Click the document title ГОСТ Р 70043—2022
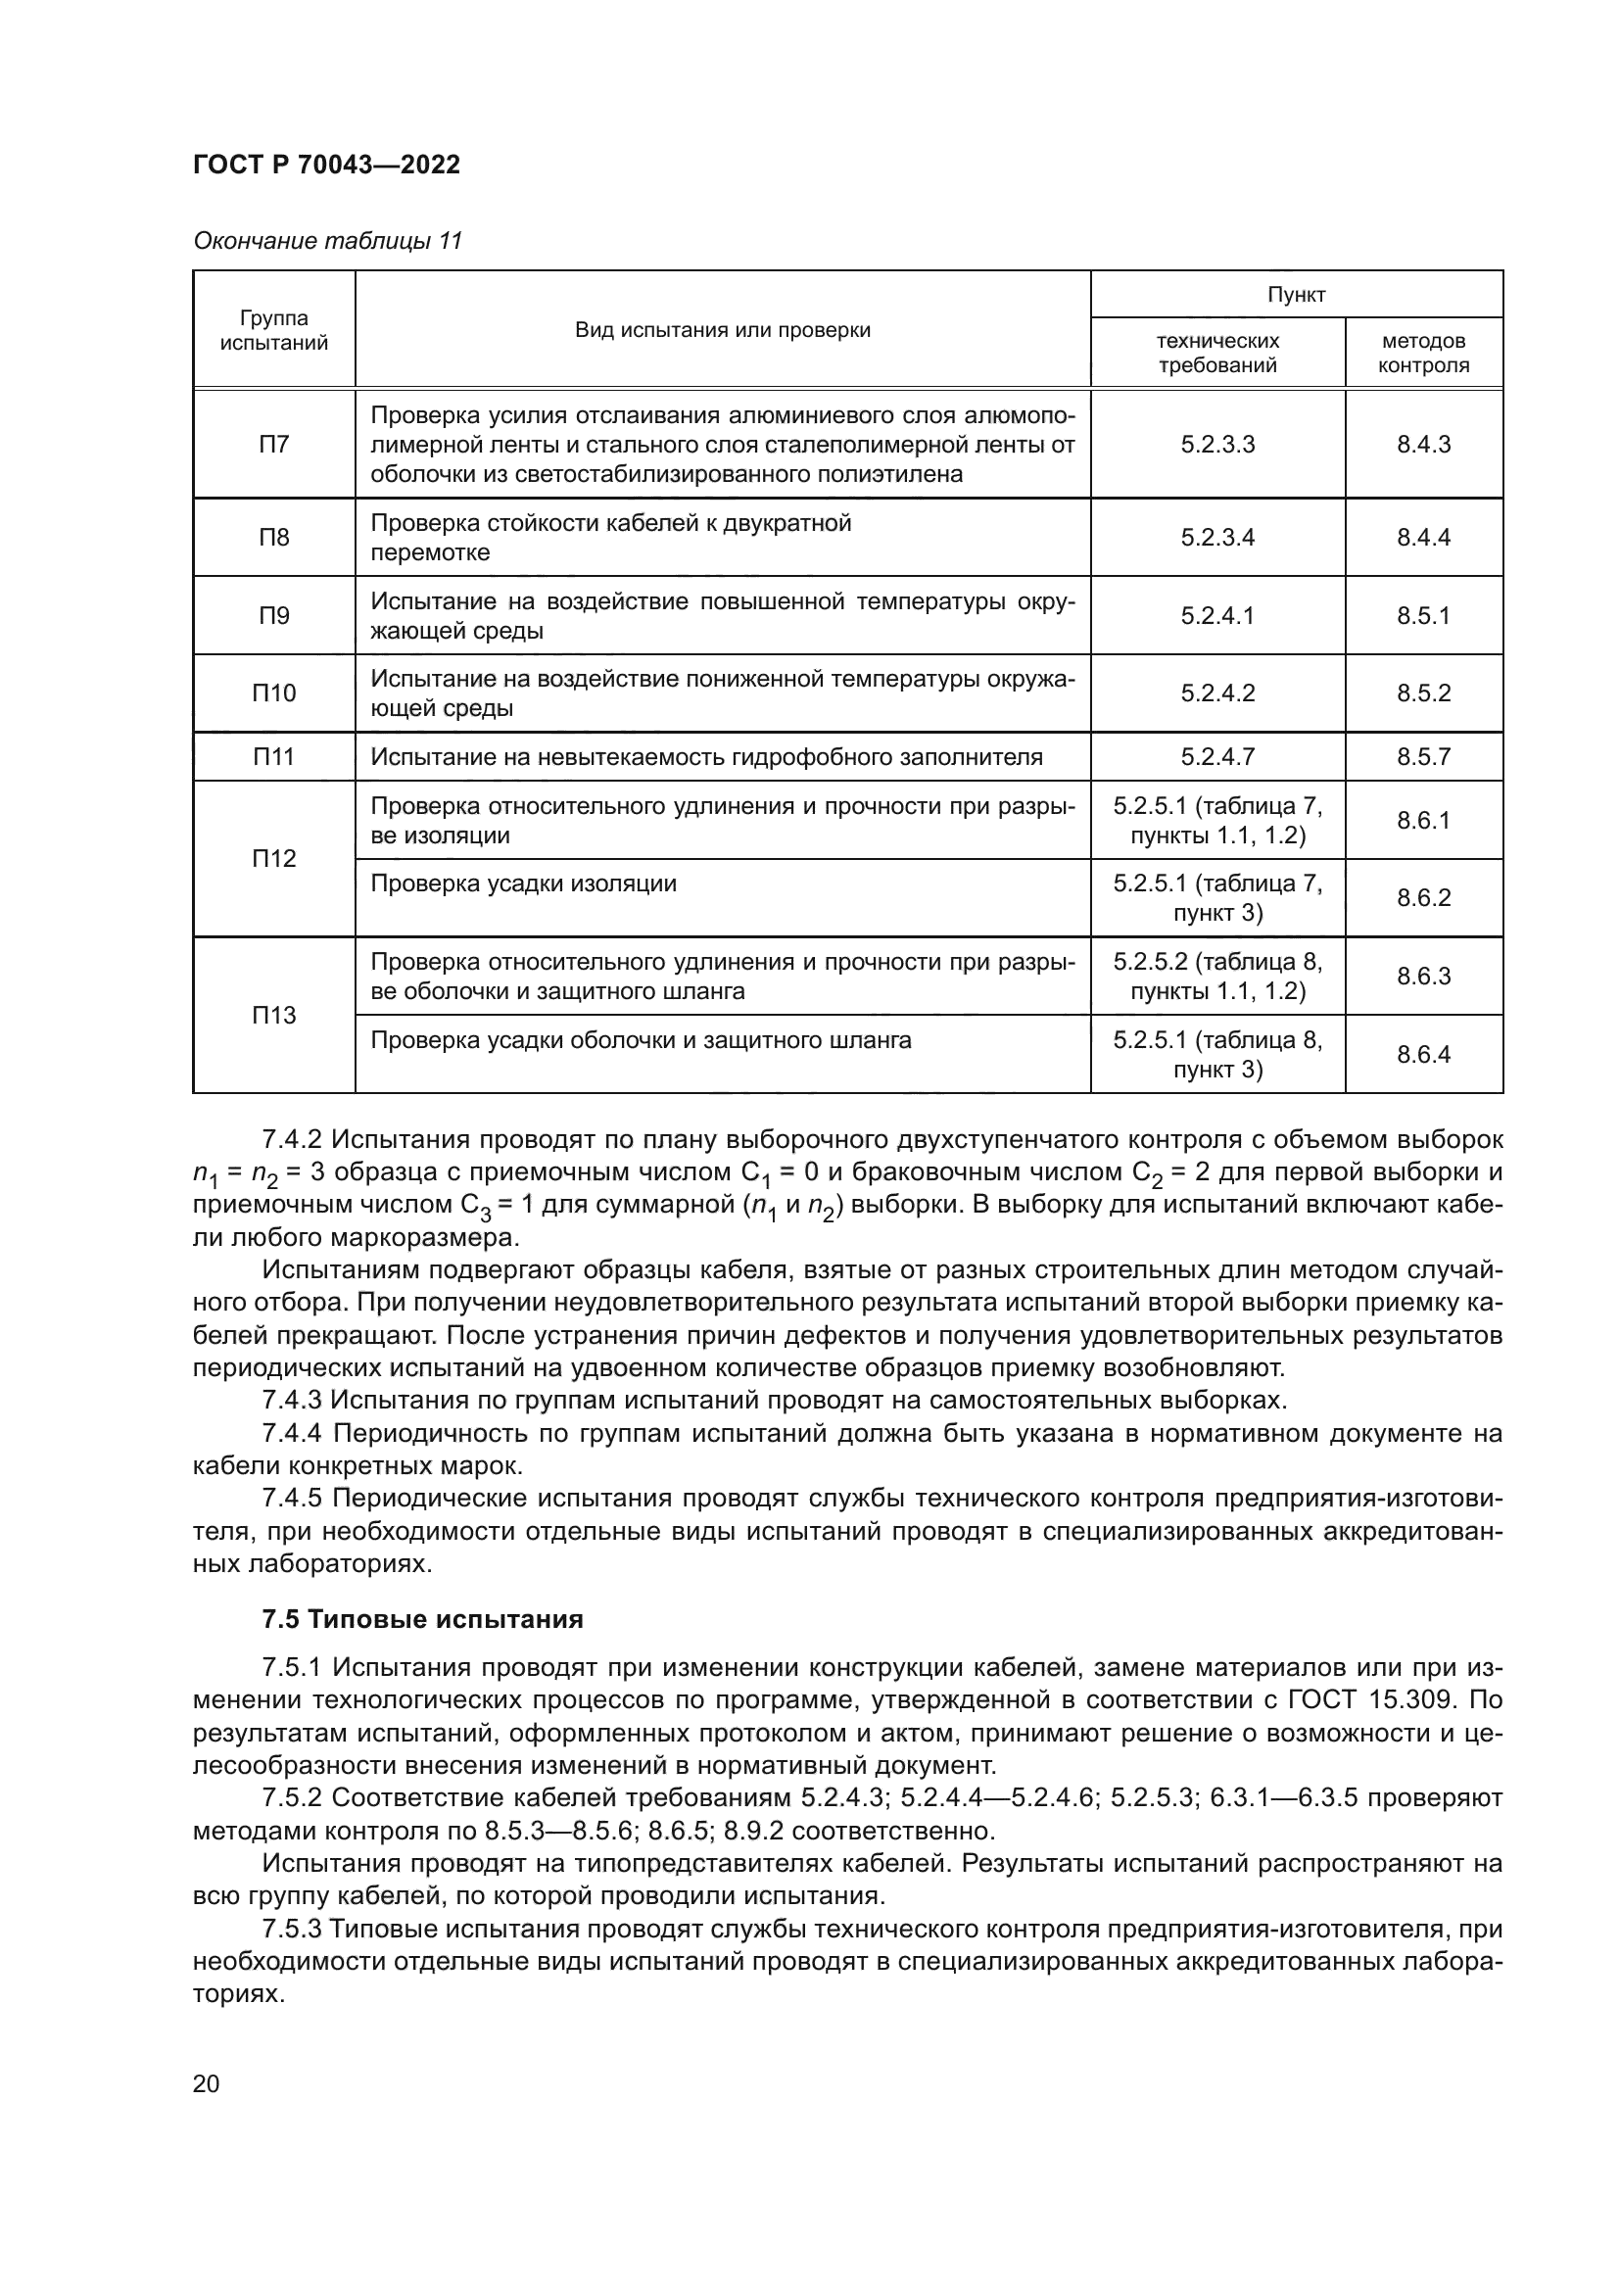point(326,165)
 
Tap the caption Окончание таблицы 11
point(327,241)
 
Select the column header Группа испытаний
point(273,330)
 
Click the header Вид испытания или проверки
point(722,330)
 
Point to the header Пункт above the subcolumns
point(1296,295)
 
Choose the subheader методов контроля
point(1422,354)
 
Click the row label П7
point(273,444)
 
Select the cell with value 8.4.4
point(1422,538)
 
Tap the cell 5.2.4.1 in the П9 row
point(1216,616)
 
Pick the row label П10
point(273,693)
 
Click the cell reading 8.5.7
point(1422,757)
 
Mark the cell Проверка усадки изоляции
point(524,884)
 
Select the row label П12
point(273,859)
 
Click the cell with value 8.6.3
point(1422,977)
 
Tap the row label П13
point(273,1016)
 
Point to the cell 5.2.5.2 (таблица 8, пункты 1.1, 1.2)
point(1216,977)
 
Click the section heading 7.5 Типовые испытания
point(422,1619)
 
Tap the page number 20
point(207,2084)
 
